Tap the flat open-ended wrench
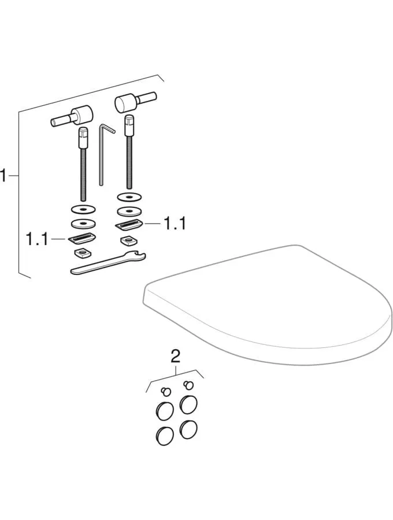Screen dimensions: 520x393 [x=106, y=263]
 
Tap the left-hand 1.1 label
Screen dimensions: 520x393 [x=38, y=239]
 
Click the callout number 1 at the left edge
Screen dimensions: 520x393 [x=4, y=176]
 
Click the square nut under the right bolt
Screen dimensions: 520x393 [x=128, y=240]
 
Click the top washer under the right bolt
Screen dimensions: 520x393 [x=129, y=198]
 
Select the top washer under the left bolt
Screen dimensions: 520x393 [x=83, y=209]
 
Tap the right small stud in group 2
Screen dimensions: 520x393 [x=188, y=385]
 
